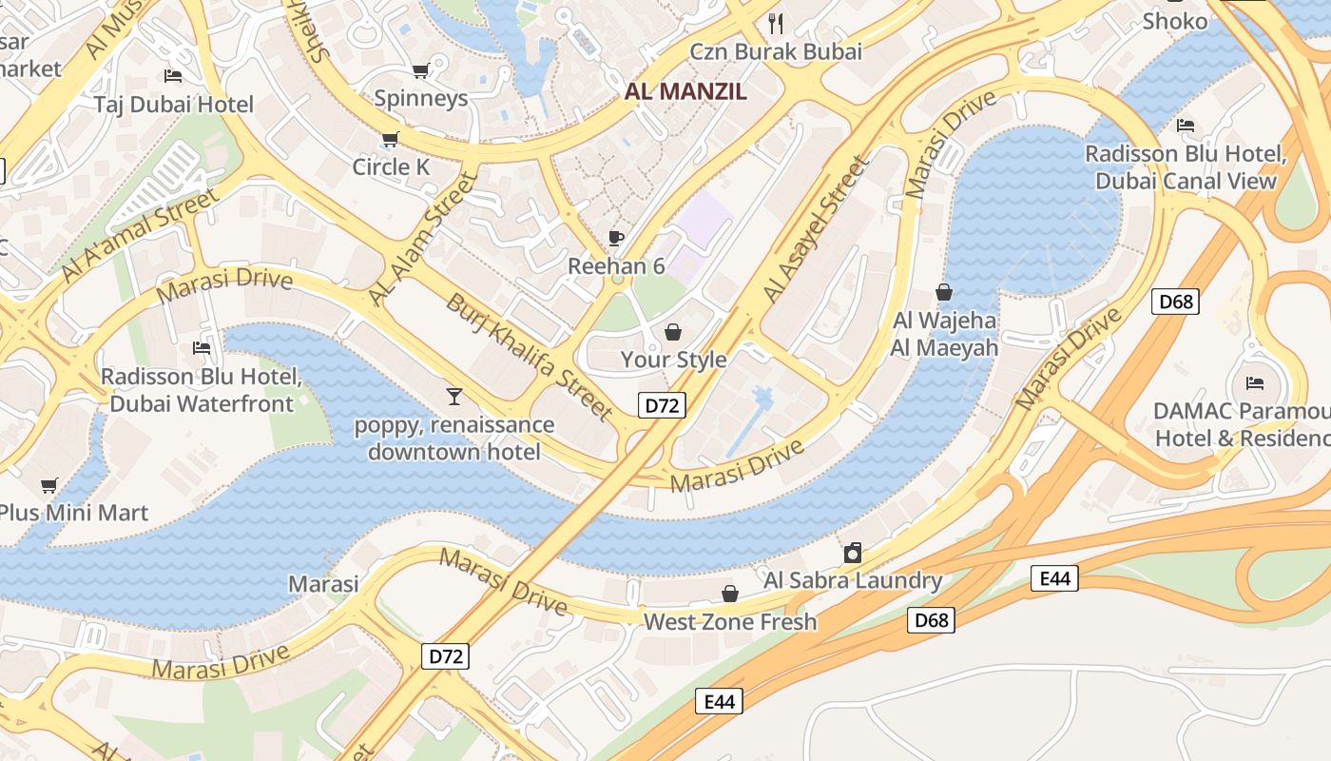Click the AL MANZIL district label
click(685, 92)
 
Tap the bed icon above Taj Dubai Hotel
click(173, 75)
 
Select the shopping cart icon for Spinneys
click(420, 70)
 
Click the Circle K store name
click(391, 167)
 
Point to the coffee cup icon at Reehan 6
click(616, 238)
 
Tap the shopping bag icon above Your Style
click(673, 332)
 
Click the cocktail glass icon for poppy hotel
click(454, 396)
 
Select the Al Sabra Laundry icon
click(853, 553)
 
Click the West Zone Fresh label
click(730, 622)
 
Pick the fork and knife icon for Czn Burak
click(777, 23)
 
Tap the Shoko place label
click(1174, 21)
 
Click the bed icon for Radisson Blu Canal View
click(1186, 125)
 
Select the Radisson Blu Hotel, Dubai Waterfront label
click(202, 390)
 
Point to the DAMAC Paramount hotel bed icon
click(1255, 383)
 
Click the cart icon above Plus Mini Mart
click(49, 486)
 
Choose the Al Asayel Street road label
click(817, 230)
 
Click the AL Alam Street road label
click(421, 241)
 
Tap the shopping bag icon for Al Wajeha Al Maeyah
click(944, 292)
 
